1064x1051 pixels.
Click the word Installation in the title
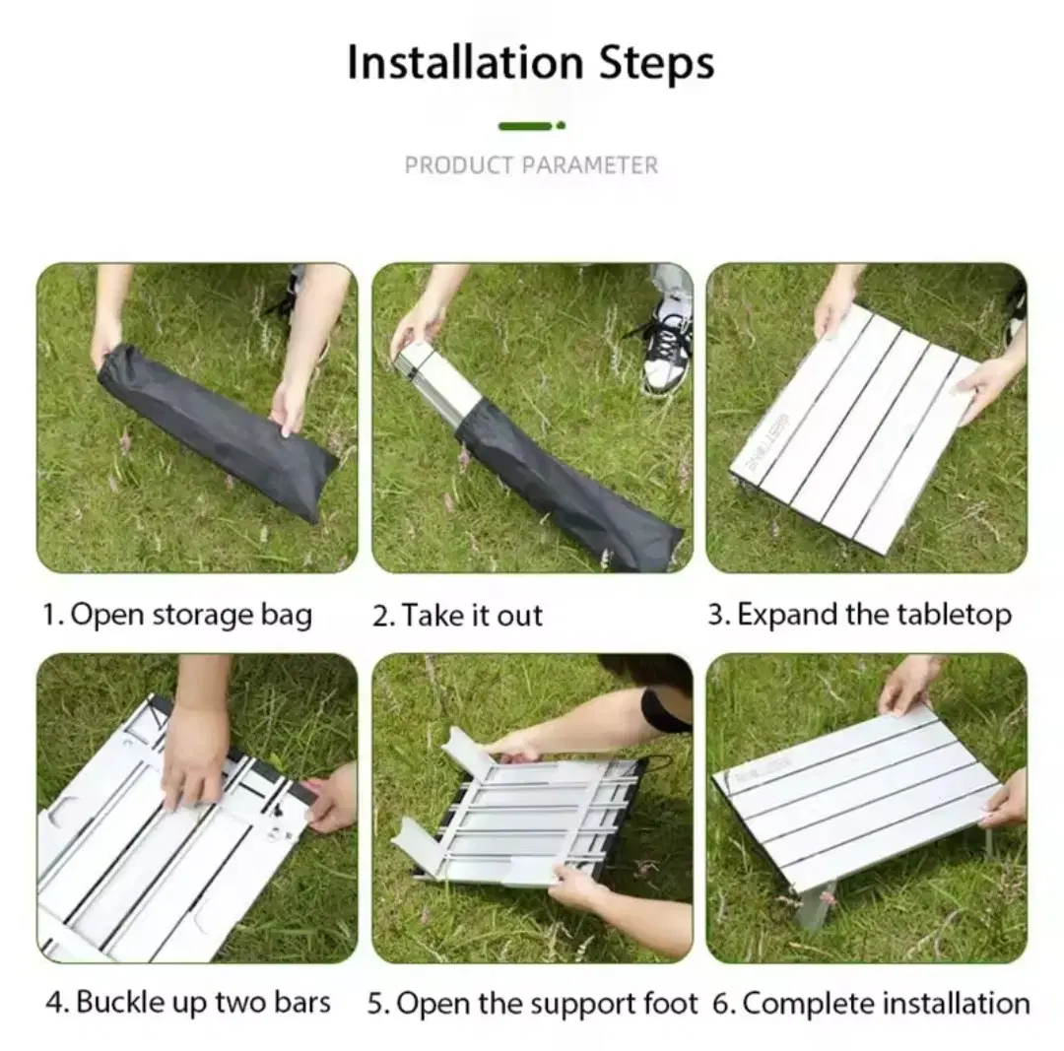coord(465,62)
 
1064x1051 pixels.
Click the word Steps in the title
coord(656,62)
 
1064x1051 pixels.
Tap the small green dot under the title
coord(561,125)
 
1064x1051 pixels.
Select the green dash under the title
coord(525,125)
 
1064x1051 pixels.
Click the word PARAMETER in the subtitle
coord(590,164)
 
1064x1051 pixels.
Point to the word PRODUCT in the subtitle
coord(459,164)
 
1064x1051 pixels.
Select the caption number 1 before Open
coord(53,615)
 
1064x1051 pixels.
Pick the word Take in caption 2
coord(433,616)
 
